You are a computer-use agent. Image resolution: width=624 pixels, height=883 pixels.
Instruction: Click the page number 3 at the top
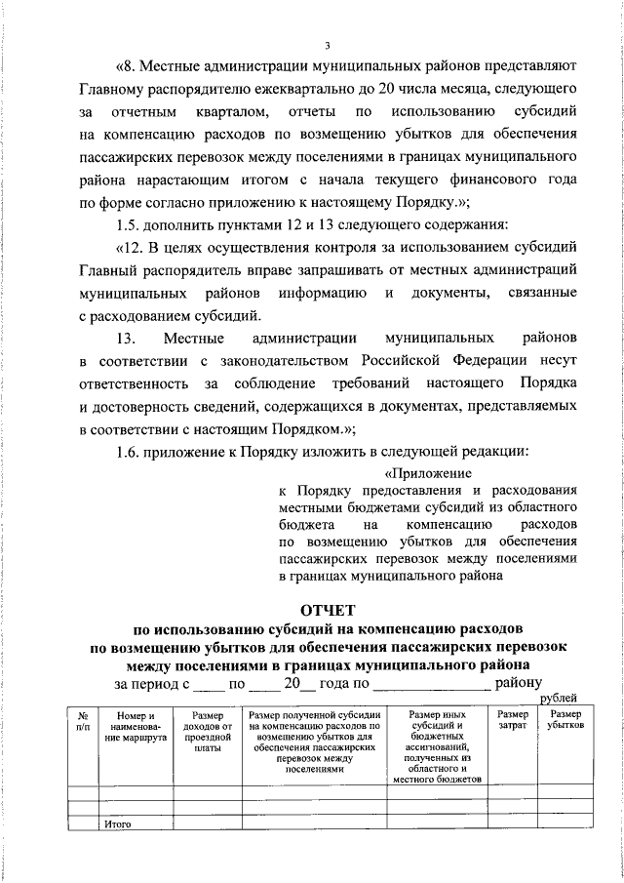(329, 44)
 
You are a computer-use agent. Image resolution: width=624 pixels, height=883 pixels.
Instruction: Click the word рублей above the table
(559, 697)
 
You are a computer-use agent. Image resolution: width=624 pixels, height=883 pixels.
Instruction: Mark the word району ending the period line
(520, 683)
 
